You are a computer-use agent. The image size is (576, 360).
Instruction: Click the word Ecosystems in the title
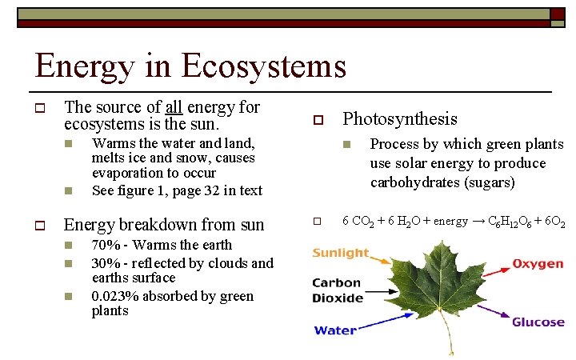[264, 66]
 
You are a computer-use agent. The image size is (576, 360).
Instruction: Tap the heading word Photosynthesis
[400, 119]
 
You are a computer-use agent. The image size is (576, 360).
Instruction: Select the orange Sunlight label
[341, 254]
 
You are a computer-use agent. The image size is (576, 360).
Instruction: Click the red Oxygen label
[538, 264]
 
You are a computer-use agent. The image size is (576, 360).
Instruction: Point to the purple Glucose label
[538, 322]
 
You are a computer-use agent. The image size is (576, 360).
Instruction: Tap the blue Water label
[335, 330]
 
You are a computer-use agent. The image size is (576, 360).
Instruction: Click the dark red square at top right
[557, 14]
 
